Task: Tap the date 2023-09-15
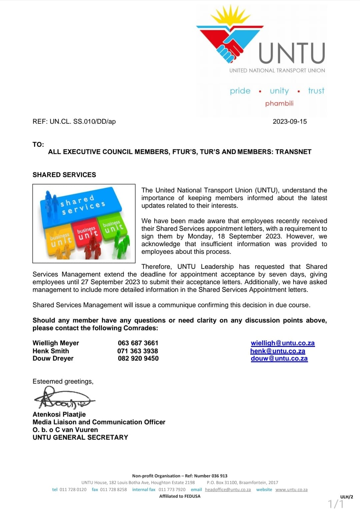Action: [290, 121]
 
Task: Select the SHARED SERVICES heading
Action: [64, 175]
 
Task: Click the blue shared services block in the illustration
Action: [80, 205]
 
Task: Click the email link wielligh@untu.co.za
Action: [283, 343]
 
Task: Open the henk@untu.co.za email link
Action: [278, 351]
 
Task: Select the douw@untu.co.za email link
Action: [279, 359]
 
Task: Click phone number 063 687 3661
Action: [138, 343]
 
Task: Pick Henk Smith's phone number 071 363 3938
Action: [138, 351]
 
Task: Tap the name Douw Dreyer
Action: [53, 359]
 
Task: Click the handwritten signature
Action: [63, 399]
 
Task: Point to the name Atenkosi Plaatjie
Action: [59, 414]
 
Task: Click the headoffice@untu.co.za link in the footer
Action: [228, 490]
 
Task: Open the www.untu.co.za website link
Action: [291, 490]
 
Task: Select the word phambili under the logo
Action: [279, 103]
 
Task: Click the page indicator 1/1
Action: [335, 503]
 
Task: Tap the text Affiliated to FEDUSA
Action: [180, 496]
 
